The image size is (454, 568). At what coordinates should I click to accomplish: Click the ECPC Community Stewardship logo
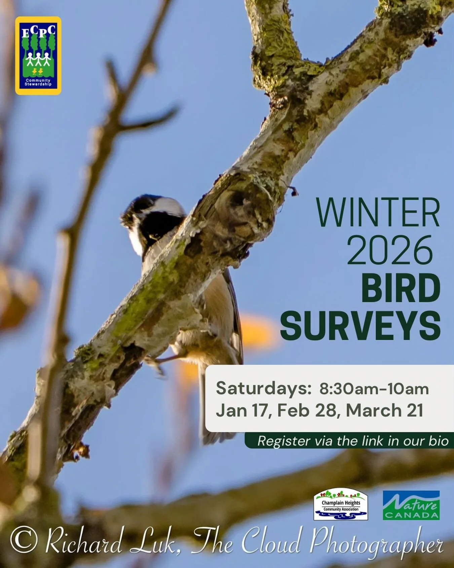38,56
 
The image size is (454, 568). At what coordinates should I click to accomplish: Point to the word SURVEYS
360,325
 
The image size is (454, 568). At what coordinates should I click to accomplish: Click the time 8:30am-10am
374,389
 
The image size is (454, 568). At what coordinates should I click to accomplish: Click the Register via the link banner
352,441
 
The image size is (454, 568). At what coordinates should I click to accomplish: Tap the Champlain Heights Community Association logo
341,504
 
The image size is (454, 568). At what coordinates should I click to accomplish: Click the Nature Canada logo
411,505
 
